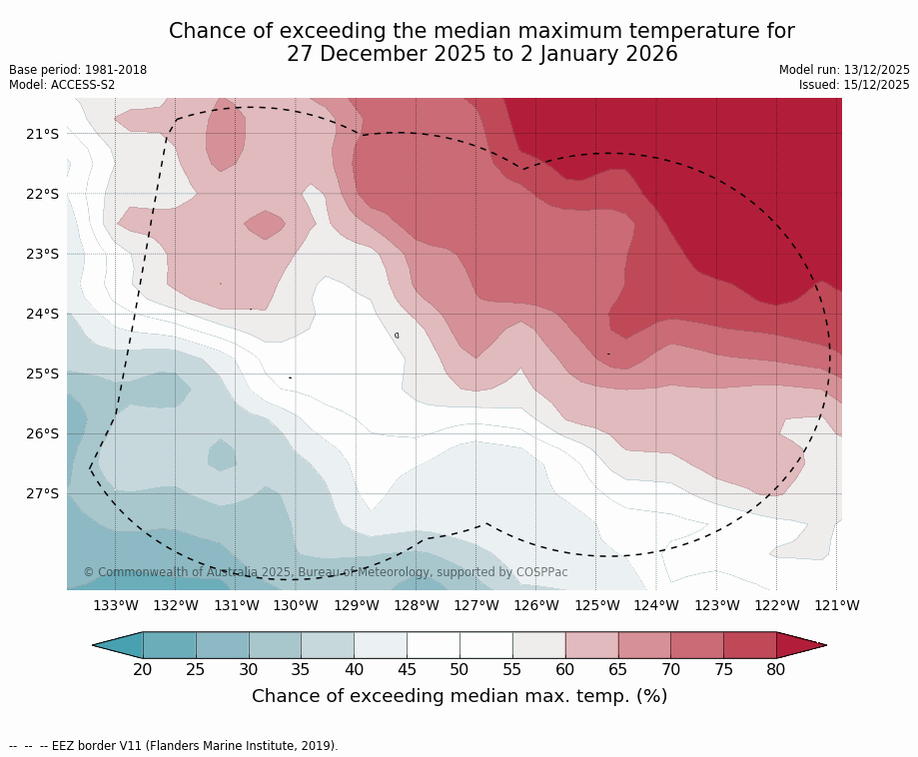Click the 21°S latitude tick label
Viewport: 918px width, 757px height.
pyautogui.click(x=42, y=134)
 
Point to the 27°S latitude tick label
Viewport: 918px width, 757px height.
pyautogui.click(x=42, y=493)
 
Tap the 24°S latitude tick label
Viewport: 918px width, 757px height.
pyautogui.click(x=42, y=314)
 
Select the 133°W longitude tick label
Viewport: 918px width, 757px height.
pyautogui.click(x=116, y=605)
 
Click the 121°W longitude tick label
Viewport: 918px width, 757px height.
pyautogui.click(x=837, y=605)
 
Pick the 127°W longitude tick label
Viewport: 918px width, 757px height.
pyautogui.click(x=476, y=605)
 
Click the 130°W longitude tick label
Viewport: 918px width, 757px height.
pyautogui.click(x=296, y=605)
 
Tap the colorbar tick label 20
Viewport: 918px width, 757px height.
pyautogui.click(x=143, y=669)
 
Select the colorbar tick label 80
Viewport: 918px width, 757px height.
pyautogui.click(x=776, y=669)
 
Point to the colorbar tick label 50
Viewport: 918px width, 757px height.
pyautogui.click(x=459, y=669)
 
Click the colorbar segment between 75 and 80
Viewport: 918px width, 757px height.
pyautogui.click(x=749, y=645)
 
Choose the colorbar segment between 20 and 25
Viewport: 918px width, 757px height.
pyautogui.click(x=170, y=645)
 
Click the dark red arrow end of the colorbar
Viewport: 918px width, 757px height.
pyautogui.click(x=799, y=645)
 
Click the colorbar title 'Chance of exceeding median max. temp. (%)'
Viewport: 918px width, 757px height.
pyautogui.click(x=459, y=696)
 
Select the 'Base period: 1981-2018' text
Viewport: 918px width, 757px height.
pyautogui.click(x=78, y=70)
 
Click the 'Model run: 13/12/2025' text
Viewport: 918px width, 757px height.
pyautogui.click(x=844, y=70)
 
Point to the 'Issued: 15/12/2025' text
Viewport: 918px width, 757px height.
pyautogui.click(x=854, y=85)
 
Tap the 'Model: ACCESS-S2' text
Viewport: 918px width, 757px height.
pyautogui.click(x=62, y=85)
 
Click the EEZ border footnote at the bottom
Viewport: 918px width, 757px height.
pyautogui.click(x=174, y=745)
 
